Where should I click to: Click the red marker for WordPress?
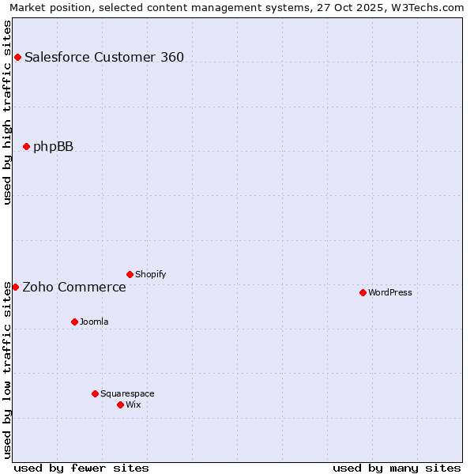[363, 292]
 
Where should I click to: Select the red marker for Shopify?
[130, 274]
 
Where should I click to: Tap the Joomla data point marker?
[74, 322]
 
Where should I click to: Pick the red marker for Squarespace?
[95, 393]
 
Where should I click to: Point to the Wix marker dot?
[120, 404]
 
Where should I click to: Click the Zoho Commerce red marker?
[15, 287]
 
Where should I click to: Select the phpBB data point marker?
[26, 146]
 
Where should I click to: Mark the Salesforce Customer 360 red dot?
[17, 57]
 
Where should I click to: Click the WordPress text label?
[390, 292]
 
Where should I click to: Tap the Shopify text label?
[150, 274]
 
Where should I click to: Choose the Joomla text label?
[94, 322]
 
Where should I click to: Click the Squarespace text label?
[127, 393]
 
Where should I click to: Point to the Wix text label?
[134, 404]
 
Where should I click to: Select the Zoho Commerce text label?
[74, 287]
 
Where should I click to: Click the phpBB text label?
[53, 146]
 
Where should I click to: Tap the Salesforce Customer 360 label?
[104, 57]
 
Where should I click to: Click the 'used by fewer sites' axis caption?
[81, 468]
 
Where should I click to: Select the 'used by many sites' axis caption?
[397, 468]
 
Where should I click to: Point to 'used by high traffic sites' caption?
[7, 112]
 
